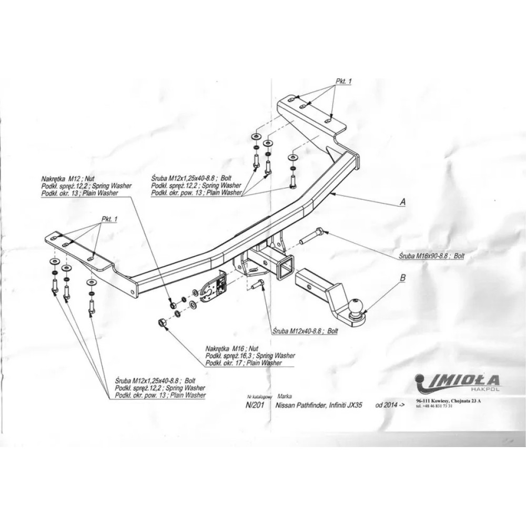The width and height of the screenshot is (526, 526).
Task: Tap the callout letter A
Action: click(402, 202)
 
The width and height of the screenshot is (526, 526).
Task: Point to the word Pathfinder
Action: click(316, 406)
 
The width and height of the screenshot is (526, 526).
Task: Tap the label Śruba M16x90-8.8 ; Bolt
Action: click(431, 256)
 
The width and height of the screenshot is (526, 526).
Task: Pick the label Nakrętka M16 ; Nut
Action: click(231, 350)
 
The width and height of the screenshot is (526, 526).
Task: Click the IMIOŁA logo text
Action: click(462, 380)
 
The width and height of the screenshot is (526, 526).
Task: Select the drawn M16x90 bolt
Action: click(311, 236)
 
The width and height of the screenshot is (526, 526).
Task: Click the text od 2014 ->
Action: click(390, 406)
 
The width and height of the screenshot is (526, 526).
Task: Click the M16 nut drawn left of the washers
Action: click(163, 322)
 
